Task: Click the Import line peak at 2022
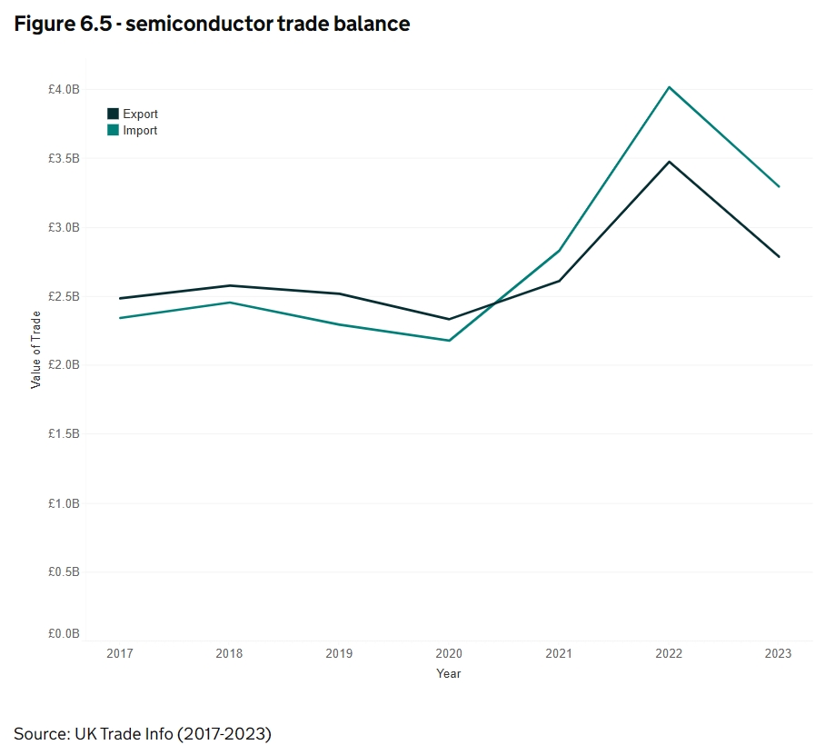669,87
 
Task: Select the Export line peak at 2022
669,162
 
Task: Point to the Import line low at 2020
449,341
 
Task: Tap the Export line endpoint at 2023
779,257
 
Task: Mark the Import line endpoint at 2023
779,186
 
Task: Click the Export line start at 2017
119,298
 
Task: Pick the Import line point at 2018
230,303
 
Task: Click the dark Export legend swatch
114,114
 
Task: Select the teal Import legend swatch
114,130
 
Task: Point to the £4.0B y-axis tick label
65,89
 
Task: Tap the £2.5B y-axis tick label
65,296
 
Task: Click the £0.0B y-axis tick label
65,633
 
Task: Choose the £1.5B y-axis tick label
65,434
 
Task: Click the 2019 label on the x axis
339,653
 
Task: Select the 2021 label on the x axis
559,653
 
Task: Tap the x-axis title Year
449,673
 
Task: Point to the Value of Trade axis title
36,350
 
